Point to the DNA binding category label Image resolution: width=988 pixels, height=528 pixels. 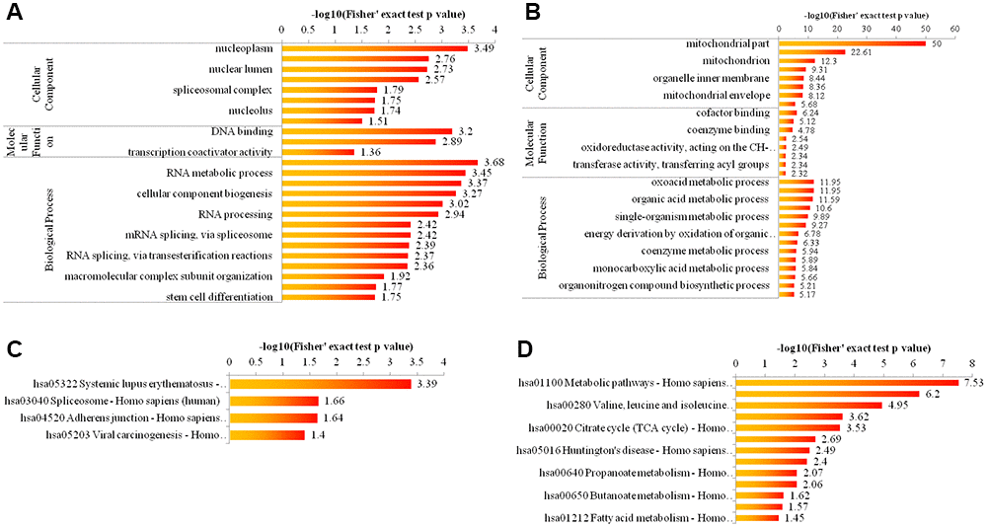pyautogui.click(x=242, y=131)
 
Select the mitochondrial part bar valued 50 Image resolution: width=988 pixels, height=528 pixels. pyautogui.click(x=853, y=42)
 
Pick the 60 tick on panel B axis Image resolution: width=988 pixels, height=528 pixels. pyautogui.click(x=954, y=29)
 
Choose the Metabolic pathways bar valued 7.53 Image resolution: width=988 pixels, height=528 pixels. pyautogui.click(x=845, y=382)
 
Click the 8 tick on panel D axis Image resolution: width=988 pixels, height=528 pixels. pyautogui.click(x=972, y=365)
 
